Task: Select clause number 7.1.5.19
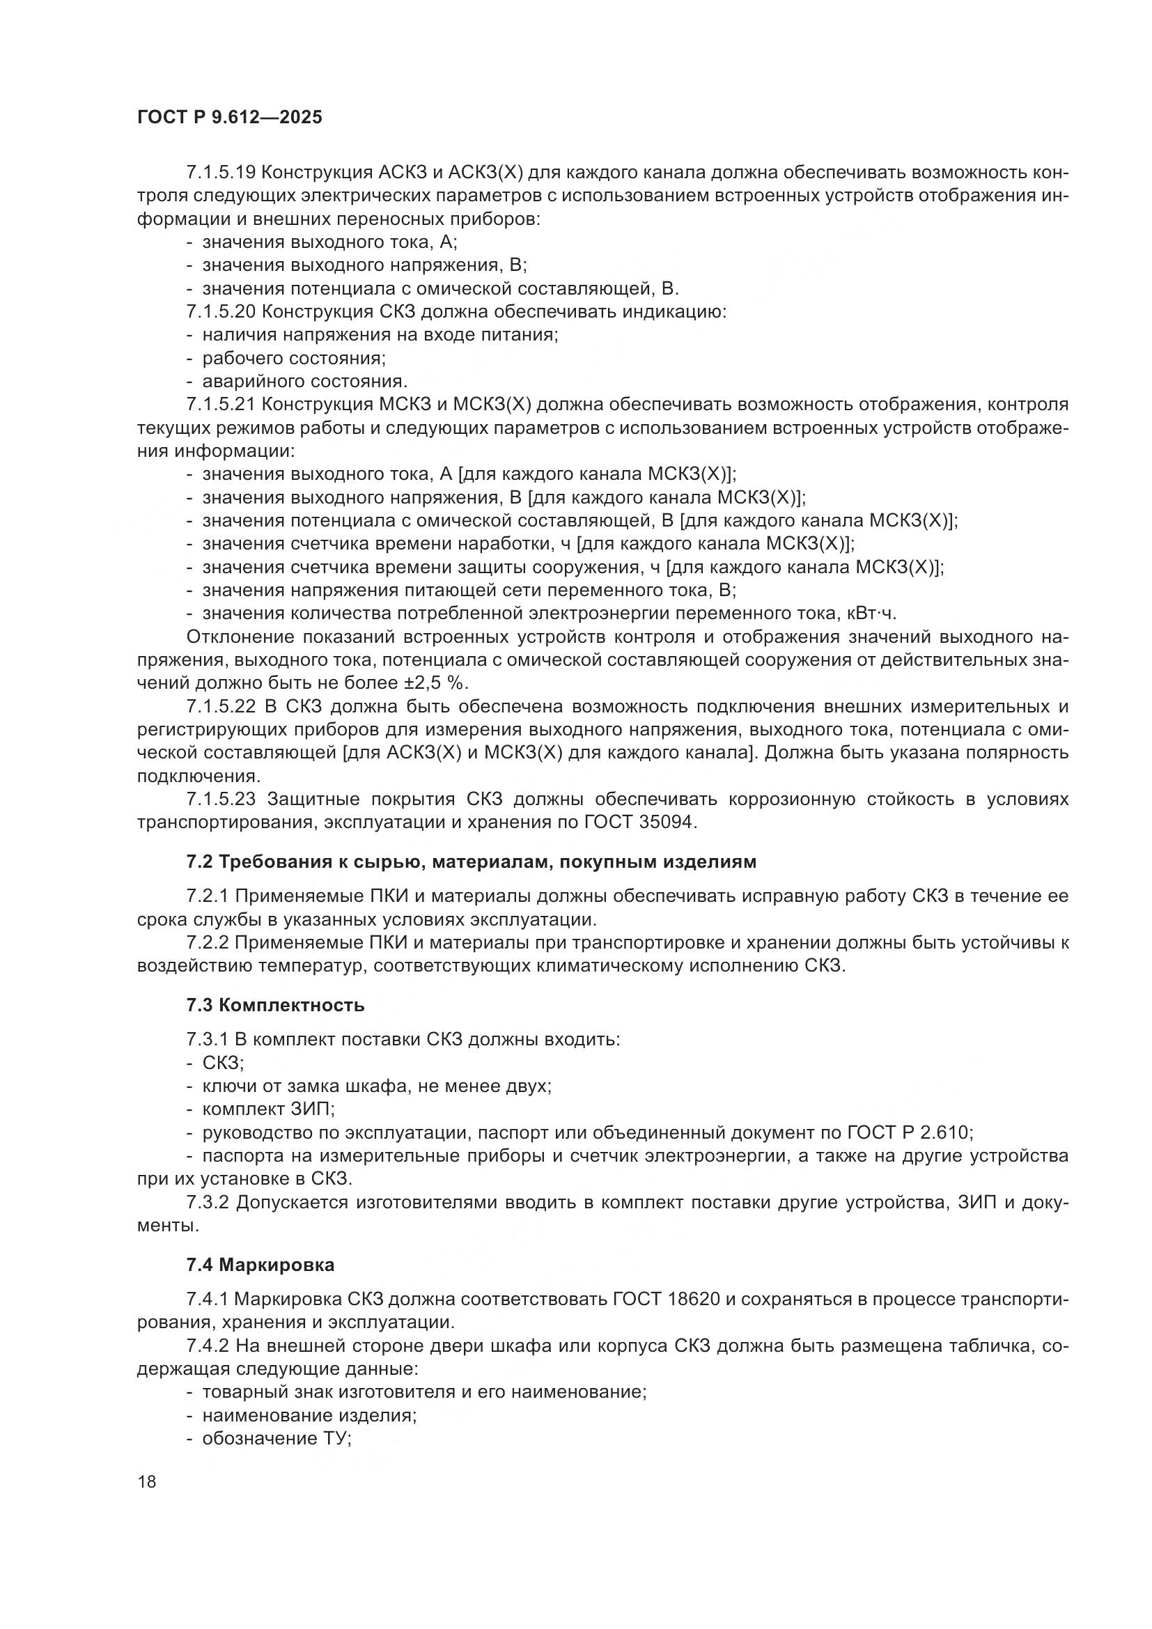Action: [x=221, y=173]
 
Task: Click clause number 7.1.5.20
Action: [x=221, y=311]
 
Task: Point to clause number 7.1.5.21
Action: [x=221, y=405]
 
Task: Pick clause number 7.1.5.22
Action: [x=221, y=707]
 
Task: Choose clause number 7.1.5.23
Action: [x=221, y=799]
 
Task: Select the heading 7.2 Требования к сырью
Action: [x=471, y=862]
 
